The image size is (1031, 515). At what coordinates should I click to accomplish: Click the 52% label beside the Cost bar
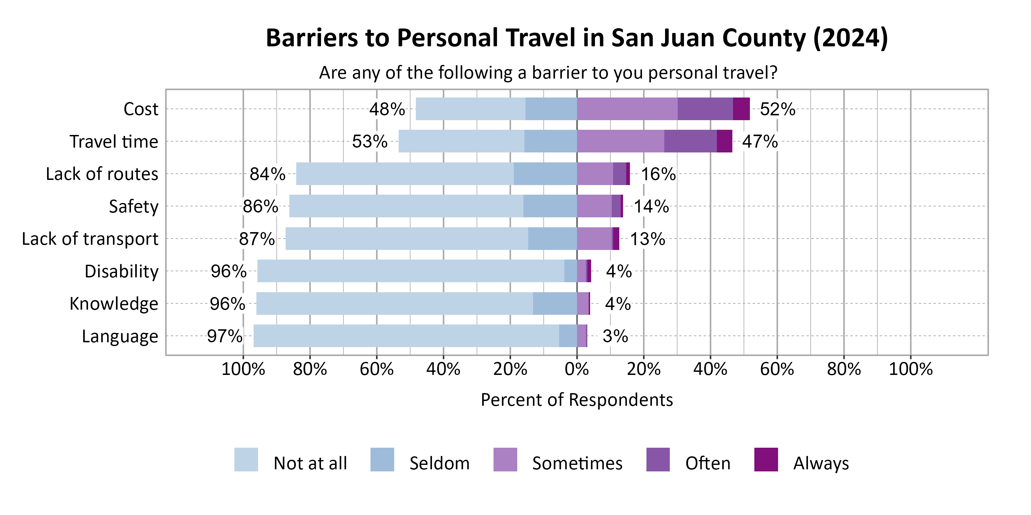tap(777, 109)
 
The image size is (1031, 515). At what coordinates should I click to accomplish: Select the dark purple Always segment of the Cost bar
tap(741, 109)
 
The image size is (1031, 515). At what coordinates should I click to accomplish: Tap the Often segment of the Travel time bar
tap(690, 141)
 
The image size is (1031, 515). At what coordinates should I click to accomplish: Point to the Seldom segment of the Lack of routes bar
tap(545, 173)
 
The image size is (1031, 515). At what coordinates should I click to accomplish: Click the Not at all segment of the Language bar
tap(406, 336)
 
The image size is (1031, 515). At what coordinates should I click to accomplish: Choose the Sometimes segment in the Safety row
tap(594, 206)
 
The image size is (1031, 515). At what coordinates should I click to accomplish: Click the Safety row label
tap(134, 207)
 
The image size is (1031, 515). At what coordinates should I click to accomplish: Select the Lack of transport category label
tap(90, 239)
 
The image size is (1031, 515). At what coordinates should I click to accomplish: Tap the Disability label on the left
tap(121, 272)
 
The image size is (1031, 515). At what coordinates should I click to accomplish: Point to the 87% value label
tap(257, 239)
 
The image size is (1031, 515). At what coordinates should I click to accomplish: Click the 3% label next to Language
tap(615, 336)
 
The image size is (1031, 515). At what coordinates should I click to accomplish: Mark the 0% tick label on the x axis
tap(577, 369)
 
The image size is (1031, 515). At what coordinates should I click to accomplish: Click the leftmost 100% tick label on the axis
tap(243, 369)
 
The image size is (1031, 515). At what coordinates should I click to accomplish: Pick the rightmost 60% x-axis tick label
tap(777, 369)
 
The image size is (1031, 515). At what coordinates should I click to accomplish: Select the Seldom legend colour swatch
tap(382, 460)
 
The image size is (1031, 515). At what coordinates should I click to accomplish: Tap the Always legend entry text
tap(821, 463)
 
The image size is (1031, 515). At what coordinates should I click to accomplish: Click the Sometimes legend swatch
tap(505, 460)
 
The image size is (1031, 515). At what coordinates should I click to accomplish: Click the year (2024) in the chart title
tap(851, 38)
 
